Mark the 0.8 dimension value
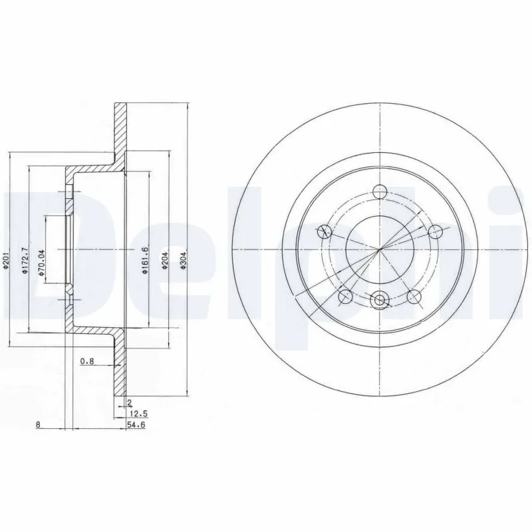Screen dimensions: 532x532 86,362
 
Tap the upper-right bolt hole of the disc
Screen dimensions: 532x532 436,231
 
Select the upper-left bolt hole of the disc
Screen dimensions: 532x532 325,231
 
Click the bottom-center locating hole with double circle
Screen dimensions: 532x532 380,301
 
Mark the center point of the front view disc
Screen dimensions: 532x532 380,249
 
